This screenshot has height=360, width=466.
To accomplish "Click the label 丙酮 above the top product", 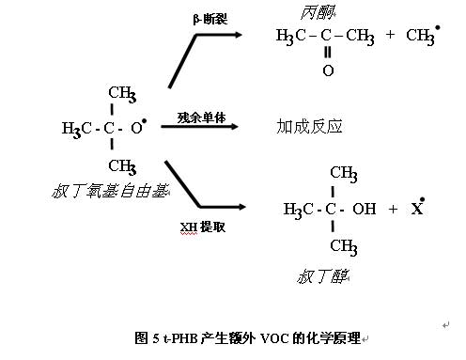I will click(x=318, y=12).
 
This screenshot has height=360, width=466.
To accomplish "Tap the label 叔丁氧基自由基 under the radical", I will click(x=110, y=192).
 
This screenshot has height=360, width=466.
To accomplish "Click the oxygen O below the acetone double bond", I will click(x=327, y=70).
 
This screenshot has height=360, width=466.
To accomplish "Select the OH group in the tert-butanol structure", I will click(x=364, y=209).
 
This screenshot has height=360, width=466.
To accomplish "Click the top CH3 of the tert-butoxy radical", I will click(x=122, y=93).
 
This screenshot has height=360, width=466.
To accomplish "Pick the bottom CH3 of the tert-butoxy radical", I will click(x=122, y=167).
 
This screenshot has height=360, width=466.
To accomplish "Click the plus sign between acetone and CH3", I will click(x=389, y=37).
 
